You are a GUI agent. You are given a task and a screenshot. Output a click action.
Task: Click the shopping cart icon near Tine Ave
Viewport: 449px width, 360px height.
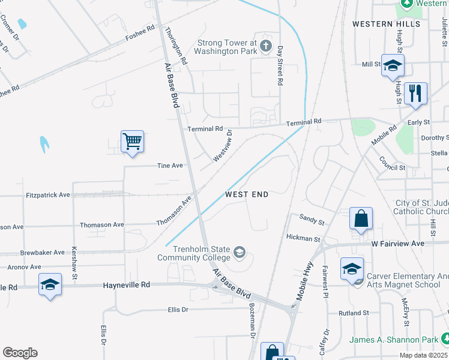pyautogui.click(x=132, y=142)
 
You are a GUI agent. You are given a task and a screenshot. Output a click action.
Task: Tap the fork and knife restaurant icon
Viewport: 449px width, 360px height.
pyautogui.click(x=415, y=93)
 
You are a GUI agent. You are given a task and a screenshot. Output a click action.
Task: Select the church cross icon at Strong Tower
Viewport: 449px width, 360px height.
pyautogui.click(x=267, y=47)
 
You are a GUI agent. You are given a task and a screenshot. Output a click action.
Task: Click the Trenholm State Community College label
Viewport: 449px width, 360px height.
pyautogui.click(x=194, y=253)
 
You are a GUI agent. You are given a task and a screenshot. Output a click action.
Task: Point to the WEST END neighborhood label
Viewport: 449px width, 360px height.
pyautogui.click(x=247, y=194)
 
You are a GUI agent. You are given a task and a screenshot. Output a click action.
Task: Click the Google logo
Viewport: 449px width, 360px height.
pyautogui.click(x=20, y=353)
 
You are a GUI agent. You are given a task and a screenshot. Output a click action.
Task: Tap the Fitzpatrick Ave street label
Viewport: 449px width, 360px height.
pyautogui.click(x=48, y=195)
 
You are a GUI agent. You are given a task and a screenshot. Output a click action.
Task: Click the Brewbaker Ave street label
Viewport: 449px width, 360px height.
pyautogui.click(x=41, y=253)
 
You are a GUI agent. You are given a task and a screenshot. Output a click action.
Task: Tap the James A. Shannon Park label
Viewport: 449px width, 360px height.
pyautogui.click(x=394, y=340)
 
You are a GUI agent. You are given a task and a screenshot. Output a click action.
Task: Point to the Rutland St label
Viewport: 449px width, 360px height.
pyautogui.click(x=354, y=313)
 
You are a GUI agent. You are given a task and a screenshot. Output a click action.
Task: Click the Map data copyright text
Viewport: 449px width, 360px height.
pyautogui.click(x=423, y=355)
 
